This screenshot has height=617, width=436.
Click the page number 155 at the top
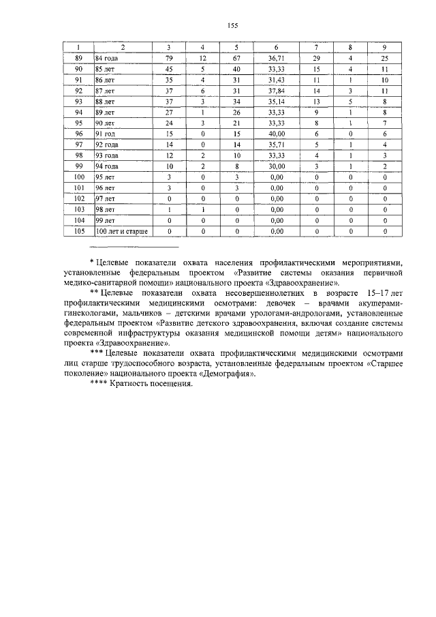[x=232, y=26]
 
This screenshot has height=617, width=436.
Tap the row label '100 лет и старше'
[x=121, y=232]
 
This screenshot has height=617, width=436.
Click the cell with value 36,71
[x=276, y=59]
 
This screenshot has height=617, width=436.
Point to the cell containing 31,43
[x=276, y=80]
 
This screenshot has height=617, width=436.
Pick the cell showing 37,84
[x=276, y=91]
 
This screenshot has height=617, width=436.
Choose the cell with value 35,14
[x=276, y=102]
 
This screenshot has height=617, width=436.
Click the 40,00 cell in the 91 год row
[x=276, y=134]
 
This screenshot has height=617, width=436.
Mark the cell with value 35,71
[x=276, y=145]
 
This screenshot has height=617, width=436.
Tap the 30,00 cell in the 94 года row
[x=276, y=167]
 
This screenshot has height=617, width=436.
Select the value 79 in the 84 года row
[x=169, y=59]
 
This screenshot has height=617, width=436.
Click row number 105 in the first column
[x=78, y=232]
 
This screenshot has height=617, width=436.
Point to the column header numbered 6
[x=276, y=47]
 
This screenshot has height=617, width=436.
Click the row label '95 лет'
[x=105, y=178]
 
